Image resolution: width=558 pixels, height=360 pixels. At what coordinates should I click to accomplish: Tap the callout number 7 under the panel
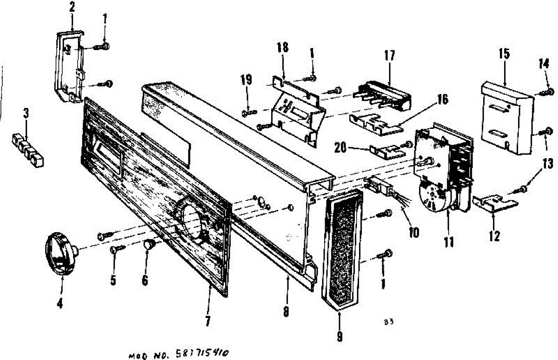click(207, 320)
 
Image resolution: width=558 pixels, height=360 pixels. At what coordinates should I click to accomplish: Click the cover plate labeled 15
click(507, 116)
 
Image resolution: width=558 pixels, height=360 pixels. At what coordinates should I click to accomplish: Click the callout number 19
click(246, 80)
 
